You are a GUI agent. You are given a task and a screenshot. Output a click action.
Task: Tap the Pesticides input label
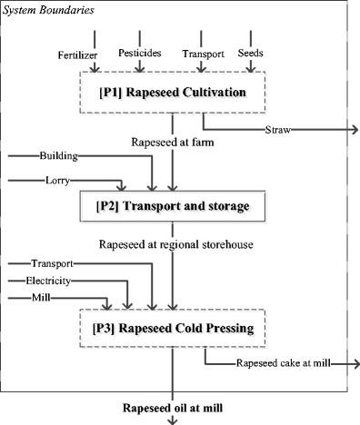click(x=140, y=53)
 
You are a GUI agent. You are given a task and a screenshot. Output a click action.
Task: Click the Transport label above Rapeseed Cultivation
click(x=202, y=54)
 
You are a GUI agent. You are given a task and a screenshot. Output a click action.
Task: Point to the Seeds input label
click(x=250, y=53)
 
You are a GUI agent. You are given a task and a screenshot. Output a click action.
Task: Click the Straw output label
click(x=279, y=131)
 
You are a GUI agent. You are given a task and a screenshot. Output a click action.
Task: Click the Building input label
click(x=57, y=156)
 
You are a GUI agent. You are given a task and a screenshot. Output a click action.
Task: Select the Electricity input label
click(x=52, y=281)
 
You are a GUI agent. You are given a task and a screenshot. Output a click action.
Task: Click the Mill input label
click(x=42, y=297)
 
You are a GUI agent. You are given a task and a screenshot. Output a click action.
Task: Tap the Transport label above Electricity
click(x=52, y=263)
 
